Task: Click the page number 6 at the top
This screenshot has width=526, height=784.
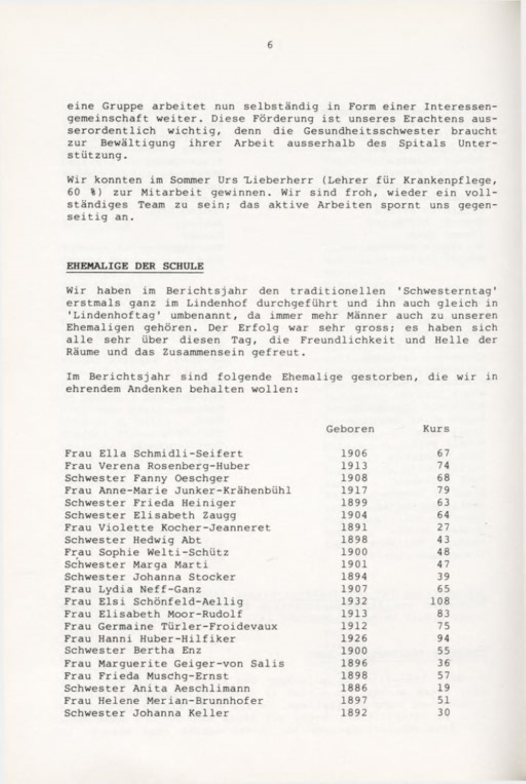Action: pos(270,45)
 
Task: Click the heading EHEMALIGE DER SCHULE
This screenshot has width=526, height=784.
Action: pos(134,266)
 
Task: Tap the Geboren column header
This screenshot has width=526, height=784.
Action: pos(350,429)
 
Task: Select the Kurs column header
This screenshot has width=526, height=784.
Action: pos(436,429)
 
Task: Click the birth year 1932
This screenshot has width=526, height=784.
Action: pos(354,601)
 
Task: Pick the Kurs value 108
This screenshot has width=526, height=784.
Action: pos(440,601)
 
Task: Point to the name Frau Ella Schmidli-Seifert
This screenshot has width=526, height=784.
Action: pos(153,453)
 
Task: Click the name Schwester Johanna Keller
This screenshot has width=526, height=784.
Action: pos(147,713)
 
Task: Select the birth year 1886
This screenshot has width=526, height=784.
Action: pos(354,688)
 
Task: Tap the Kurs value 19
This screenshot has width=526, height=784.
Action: pos(443,688)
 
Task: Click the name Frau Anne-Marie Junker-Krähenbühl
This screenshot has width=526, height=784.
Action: pos(178,490)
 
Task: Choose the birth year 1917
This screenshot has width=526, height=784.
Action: pos(354,490)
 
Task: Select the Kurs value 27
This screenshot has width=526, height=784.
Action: pos(443,527)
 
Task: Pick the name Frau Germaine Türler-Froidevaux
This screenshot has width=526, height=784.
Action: pos(171,626)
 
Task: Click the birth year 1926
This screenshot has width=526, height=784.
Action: pos(354,639)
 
